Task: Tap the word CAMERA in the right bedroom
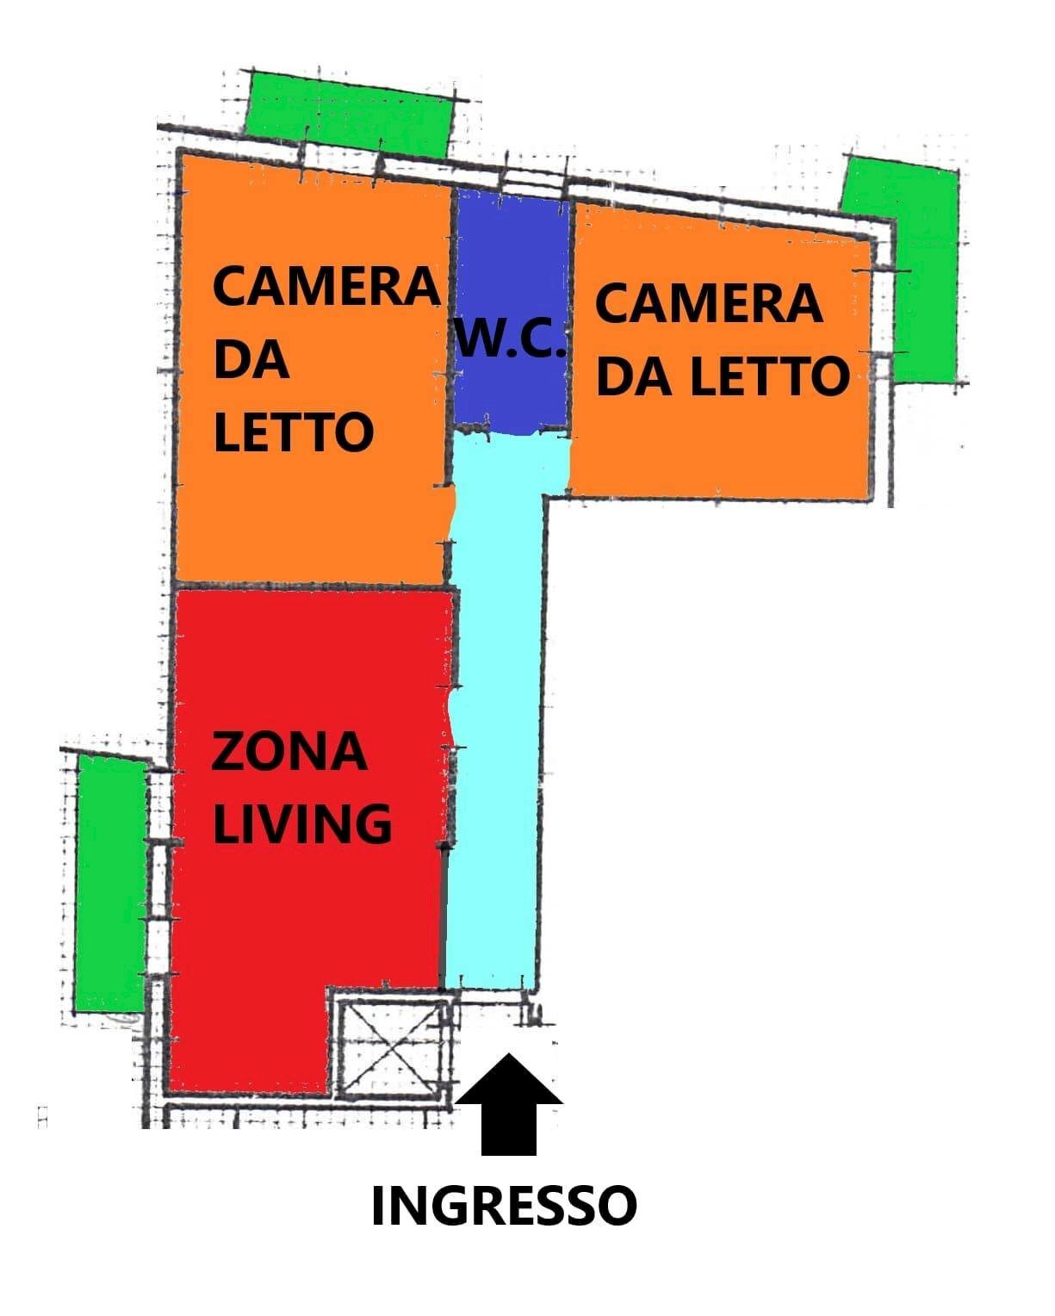pyautogui.click(x=708, y=303)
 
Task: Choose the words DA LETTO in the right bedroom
pyautogui.click(x=722, y=376)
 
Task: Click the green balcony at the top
pyautogui.click(x=349, y=114)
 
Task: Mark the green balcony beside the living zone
pyautogui.click(x=110, y=883)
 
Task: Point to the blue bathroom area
pyautogui.click(x=511, y=258)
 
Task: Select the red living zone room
pyautogui.click(x=310, y=930)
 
